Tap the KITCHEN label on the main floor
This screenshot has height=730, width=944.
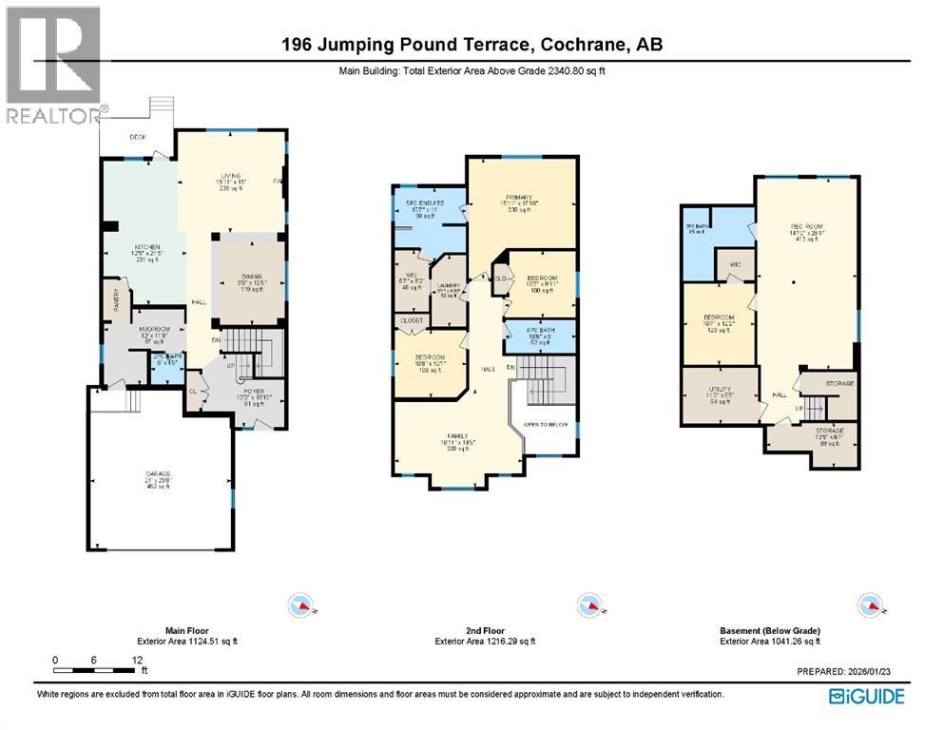[144, 247]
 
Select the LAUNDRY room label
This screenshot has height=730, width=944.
[449, 285]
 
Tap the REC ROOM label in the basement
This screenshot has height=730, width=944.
[804, 226]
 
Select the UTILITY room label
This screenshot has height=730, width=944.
[721, 391]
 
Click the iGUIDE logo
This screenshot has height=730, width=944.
[866, 697]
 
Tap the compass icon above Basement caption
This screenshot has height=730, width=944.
[867, 605]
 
